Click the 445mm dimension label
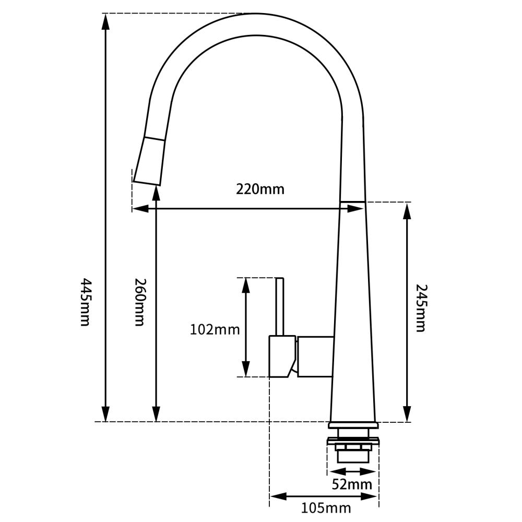85,302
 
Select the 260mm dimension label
139,302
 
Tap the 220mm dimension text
260,189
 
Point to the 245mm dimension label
421,308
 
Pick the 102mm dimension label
215,329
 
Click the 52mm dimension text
352,484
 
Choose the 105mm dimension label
326,507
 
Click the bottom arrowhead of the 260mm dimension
156,416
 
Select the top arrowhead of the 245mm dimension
407,209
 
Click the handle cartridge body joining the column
315,357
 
